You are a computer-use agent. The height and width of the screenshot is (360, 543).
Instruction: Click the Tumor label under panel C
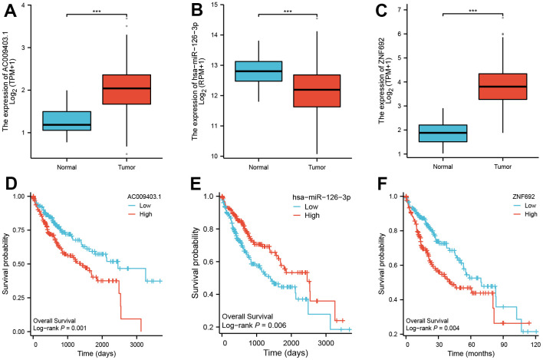click(x=472, y=167)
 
